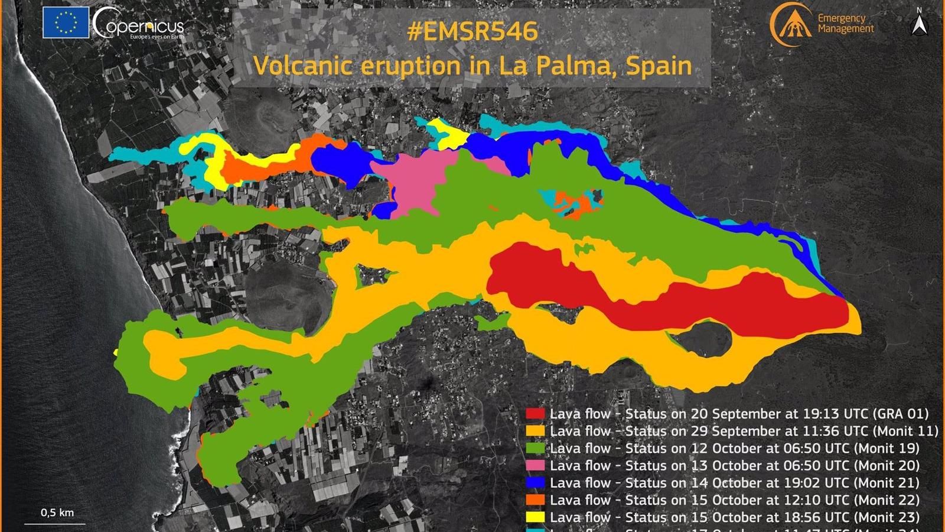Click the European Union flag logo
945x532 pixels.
66,23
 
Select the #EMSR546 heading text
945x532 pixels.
472,31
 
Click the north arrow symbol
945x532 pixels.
920,24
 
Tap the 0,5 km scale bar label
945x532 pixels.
57,512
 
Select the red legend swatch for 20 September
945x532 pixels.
536,414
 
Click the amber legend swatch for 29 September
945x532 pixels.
536,431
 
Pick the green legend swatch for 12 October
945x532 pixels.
536,448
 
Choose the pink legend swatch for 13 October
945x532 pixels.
536,466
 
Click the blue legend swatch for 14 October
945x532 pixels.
536,483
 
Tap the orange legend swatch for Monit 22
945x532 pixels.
536,500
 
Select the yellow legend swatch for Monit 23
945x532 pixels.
536,517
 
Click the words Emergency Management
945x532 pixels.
845,24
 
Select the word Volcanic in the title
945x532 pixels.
297,64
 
